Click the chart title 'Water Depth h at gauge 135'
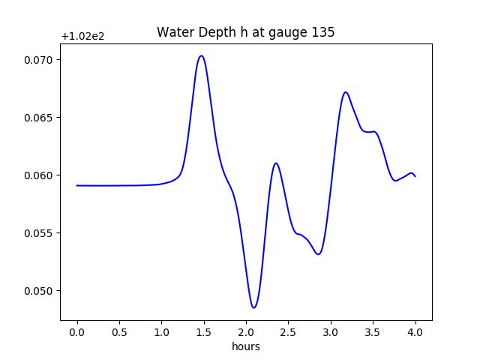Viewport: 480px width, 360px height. tap(245, 32)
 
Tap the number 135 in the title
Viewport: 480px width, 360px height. tap(324, 32)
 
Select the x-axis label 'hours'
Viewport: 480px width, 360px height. tap(246, 346)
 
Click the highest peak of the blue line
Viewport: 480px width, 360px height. tap(201, 55)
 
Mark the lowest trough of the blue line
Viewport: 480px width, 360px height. tap(254, 307)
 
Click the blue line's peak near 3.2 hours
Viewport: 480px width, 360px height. tap(346, 92)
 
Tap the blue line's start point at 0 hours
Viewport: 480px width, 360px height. tap(77, 185)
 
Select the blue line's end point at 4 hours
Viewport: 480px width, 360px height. tap(415, 175)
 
